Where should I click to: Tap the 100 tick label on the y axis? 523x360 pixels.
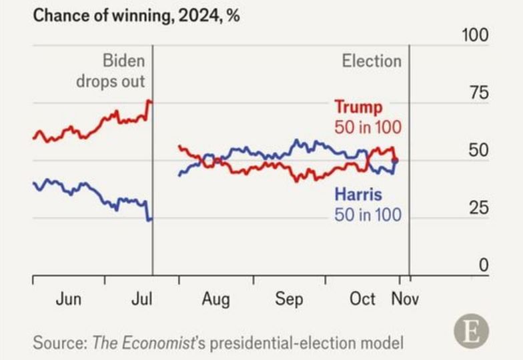[x=475, y=36]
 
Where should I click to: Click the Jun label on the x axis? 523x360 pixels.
[x=69, y=299]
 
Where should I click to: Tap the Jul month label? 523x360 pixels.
[x=141, y=299]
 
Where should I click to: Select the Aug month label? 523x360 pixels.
[x=215, y=299]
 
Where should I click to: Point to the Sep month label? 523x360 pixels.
[x=289, y=299]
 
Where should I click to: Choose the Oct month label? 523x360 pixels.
[x=362, y=299]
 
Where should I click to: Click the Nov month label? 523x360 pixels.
[x=405, y=299]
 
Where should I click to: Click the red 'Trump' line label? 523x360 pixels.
[x=358, y=107]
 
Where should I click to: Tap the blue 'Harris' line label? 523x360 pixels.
[x=358, y=195]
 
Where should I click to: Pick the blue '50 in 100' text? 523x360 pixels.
[x=368, y=215]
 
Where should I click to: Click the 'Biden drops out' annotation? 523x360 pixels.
[x=120, y=71]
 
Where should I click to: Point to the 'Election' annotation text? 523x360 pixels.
[x=372, y=61]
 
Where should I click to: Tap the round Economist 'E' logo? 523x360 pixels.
[x=471, y=331]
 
